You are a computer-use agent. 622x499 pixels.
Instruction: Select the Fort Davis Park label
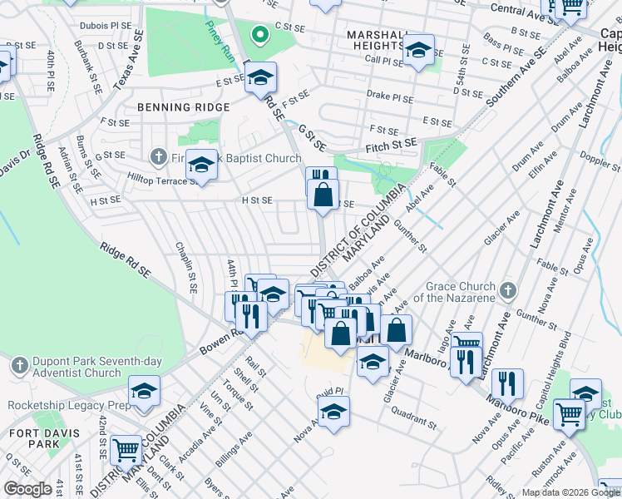(34, 438)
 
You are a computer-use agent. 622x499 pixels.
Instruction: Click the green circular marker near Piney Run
(260, 35)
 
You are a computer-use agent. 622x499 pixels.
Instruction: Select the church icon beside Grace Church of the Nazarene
(508, 291)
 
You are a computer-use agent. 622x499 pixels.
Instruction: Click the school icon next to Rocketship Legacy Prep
(144, 391)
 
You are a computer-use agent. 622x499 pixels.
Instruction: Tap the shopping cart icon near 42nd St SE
(126, 450)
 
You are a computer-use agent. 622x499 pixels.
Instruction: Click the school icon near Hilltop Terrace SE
(201, 166)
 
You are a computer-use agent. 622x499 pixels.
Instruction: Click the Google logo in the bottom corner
(27, 489)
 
